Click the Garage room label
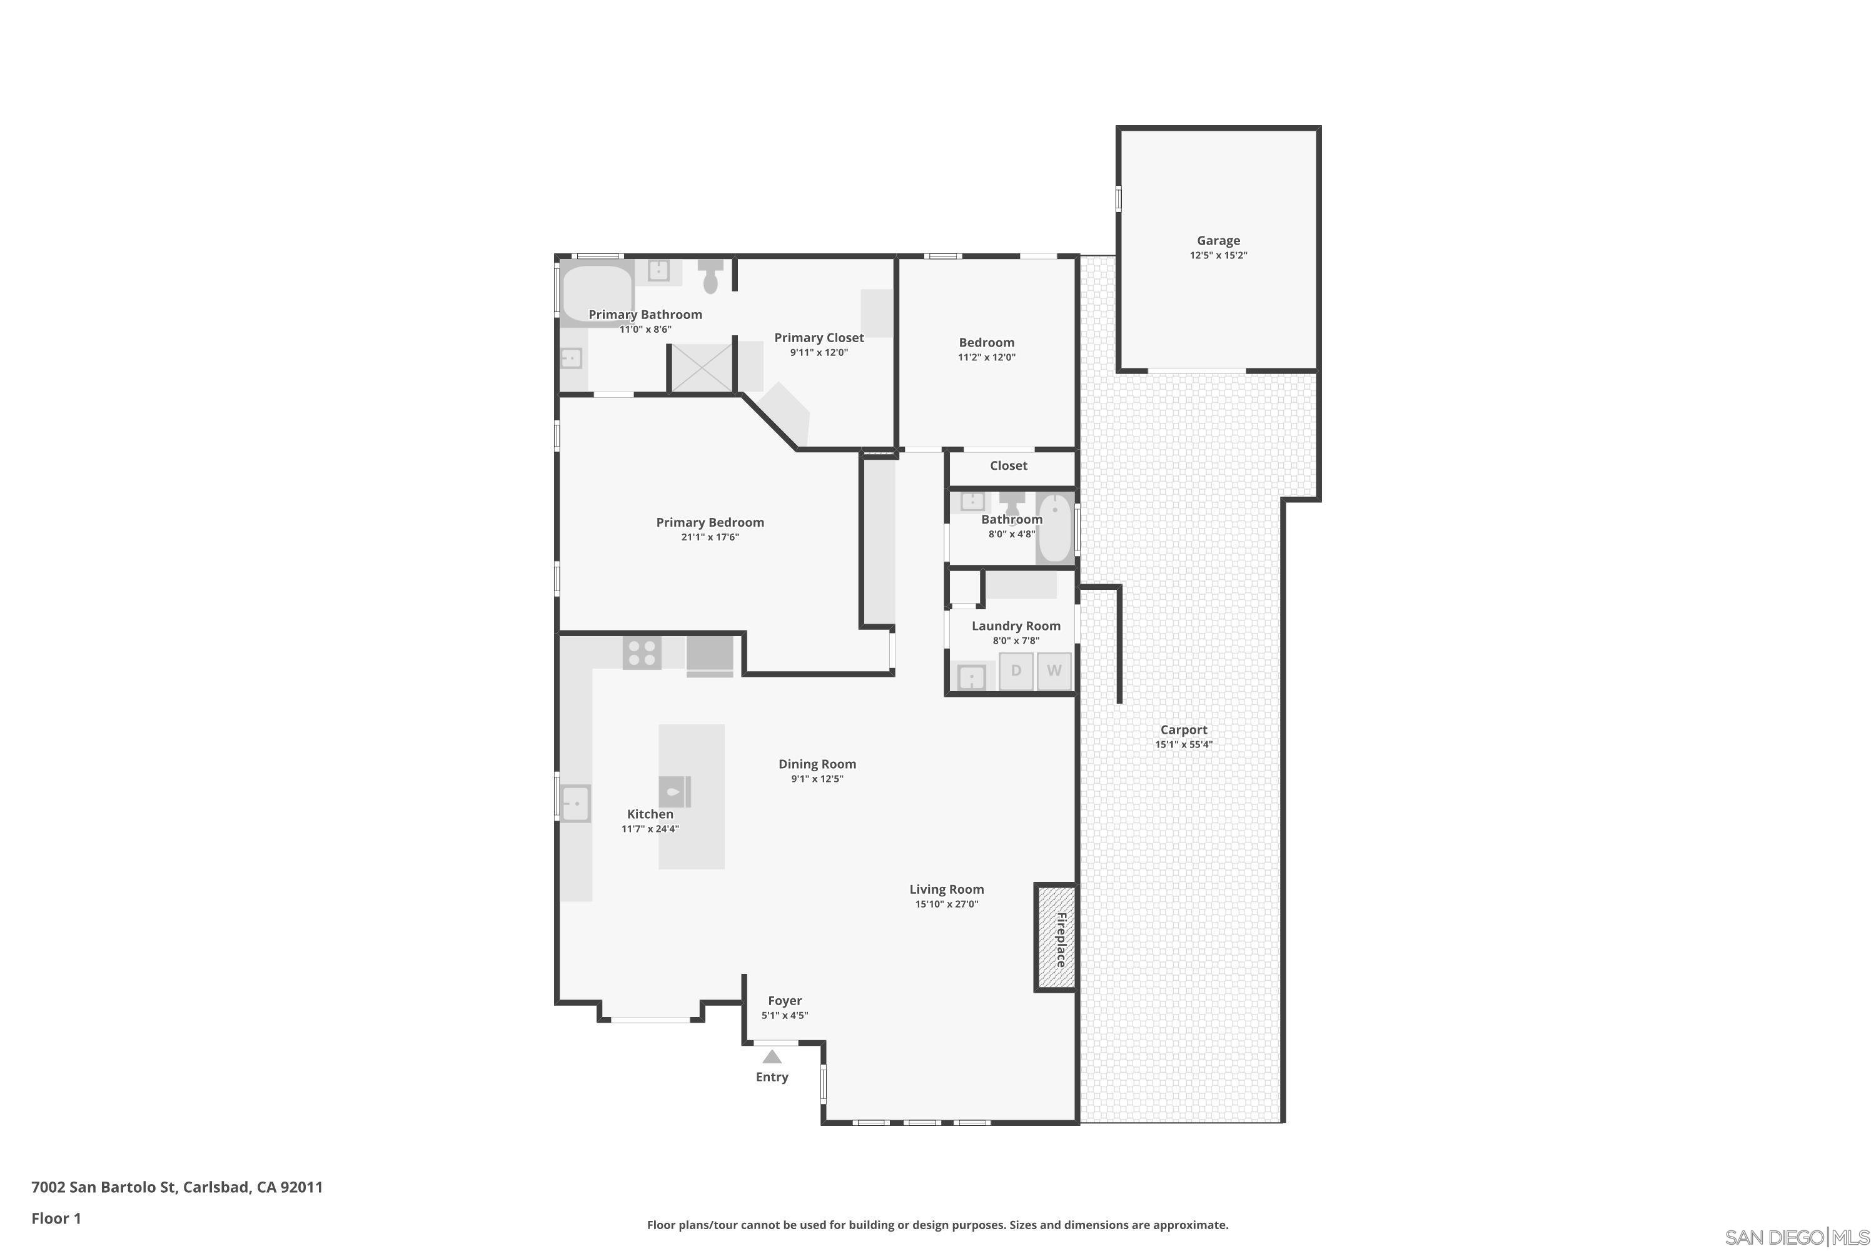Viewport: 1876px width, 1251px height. click(1218, 240)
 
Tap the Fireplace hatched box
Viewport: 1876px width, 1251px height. click(1056, 938)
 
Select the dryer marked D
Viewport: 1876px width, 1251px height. click(1016, 670)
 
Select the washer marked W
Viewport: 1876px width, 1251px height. click(1054, 670)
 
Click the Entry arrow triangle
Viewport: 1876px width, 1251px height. click(771, 1057)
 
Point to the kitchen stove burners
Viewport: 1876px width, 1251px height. click(642, 654)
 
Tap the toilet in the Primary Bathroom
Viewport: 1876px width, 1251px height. click(710, 276)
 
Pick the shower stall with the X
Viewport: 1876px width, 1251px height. click(700, 367)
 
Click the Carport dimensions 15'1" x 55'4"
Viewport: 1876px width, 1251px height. click(1184, 744)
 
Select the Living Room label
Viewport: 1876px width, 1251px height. click(947, 889)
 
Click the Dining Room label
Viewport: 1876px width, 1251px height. click(817, 764)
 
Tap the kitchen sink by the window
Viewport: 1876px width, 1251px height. click(574, 803)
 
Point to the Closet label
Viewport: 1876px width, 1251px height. click(1008, 465)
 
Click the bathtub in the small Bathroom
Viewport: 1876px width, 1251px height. click(1054, 527)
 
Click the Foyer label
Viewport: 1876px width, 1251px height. click(785, 1000)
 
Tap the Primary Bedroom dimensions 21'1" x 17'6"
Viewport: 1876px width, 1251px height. click(710, 537)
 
